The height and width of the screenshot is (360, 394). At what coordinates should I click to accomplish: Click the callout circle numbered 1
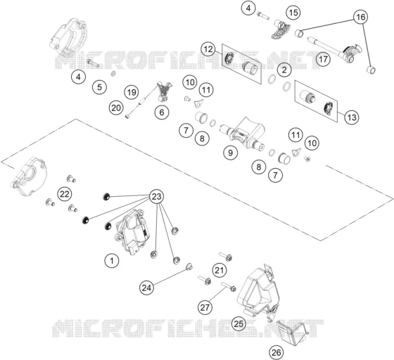[112, 261]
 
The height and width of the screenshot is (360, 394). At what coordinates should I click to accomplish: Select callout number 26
[276, 352]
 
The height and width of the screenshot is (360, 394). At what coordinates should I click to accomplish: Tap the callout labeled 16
[360, 17]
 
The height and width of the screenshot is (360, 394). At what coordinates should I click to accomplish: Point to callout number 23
[156, 197]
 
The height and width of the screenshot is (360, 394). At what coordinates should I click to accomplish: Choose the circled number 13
[352, 117]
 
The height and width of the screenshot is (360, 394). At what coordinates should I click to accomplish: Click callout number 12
[208, 49]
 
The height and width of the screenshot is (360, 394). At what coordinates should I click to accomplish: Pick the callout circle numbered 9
[231, 153]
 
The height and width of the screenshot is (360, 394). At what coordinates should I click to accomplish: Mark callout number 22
[64, 194]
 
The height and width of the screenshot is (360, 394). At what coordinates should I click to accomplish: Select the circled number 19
[132, 92]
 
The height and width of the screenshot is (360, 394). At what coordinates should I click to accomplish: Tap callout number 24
[147, 288]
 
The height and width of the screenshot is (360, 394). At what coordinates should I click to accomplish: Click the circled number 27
[205, 307]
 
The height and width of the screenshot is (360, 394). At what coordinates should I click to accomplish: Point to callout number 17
[324, 59]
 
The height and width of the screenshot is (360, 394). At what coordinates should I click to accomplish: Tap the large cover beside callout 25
[258, 292]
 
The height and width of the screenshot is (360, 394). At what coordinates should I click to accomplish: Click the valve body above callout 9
[242, 134]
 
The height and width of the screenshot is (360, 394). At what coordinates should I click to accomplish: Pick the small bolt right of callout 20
[127, 116]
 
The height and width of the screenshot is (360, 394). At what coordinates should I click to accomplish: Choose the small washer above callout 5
[113, 74]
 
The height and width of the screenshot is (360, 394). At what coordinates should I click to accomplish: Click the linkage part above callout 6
[165, 91]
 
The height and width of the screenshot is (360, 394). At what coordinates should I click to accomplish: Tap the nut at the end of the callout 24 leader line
[189, 266]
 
